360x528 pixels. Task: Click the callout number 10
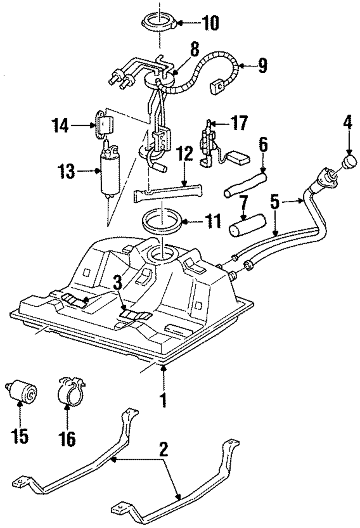tap(210, 23)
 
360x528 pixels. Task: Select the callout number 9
tap(262, 65)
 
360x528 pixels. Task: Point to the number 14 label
tap(60, 126)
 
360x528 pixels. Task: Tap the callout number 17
tap(239, 123)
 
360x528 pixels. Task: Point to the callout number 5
tap(275, 202)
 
